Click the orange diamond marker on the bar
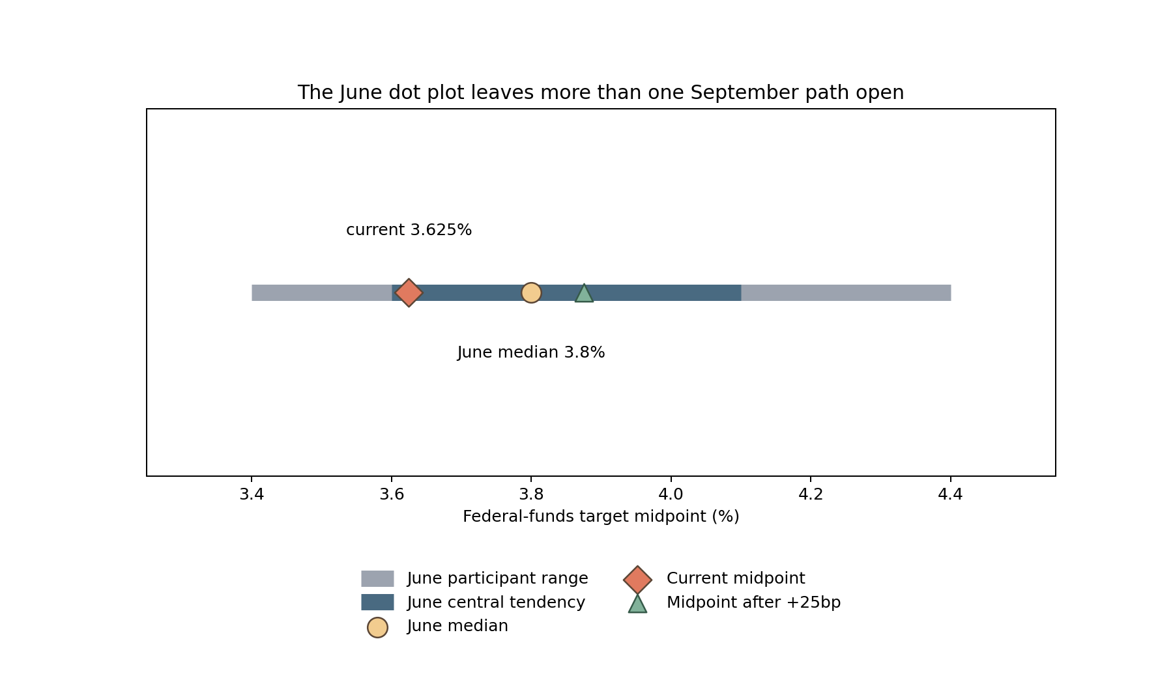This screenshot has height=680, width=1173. point(409,292)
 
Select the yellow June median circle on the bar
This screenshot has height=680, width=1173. point(531,292)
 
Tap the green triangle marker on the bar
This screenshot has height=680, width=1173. point(584,293)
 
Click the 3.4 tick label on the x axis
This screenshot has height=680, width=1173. point(252,495)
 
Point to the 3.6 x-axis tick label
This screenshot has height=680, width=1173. point(392,495)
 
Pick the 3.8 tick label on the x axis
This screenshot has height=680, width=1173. point(531,495)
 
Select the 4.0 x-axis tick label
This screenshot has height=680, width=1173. point(671,495)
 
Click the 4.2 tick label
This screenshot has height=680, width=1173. point(811,495)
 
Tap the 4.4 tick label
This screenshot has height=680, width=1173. point(950,495)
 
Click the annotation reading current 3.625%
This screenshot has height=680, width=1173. point(409,230)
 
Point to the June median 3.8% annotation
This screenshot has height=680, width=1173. point(531,352)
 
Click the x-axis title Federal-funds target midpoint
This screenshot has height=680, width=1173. point(601,517)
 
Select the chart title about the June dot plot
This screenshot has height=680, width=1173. point(601,92)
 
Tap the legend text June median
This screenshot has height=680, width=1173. point(457,626)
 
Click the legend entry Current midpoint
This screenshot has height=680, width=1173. point(736,578)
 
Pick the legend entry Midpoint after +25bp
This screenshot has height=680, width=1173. point(753,602)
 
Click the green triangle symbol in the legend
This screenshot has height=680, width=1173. point(637,604)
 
